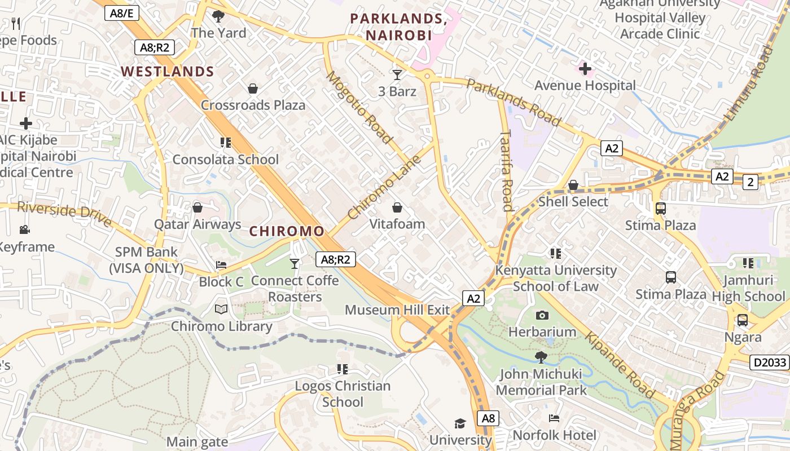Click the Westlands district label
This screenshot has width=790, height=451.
(168, 72)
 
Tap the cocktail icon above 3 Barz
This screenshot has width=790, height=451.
(397, 74)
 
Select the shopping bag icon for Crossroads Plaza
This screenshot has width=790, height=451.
(253, 89)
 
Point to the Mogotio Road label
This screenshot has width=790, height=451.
(359, 107)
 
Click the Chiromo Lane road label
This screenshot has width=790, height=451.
(385, 187)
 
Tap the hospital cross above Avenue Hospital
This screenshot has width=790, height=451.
(585, 69)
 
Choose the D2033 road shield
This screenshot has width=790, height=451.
(769, 362)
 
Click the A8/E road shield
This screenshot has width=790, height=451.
(121, 13)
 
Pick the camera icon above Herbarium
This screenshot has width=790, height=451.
(542, 315)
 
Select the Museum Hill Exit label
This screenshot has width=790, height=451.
(397, 309)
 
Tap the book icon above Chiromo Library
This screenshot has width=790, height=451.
(221, 309)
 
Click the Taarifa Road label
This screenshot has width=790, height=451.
(506, 170)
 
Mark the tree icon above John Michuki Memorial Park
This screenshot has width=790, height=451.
(541, 357)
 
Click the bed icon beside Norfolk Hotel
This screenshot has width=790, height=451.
(554, 418)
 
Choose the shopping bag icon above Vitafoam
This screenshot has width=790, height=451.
(397, 207)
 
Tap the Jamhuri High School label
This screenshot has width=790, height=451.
(748, 288)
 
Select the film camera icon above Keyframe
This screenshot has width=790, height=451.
(25, 229)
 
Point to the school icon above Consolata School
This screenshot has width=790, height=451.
(226, 143)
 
